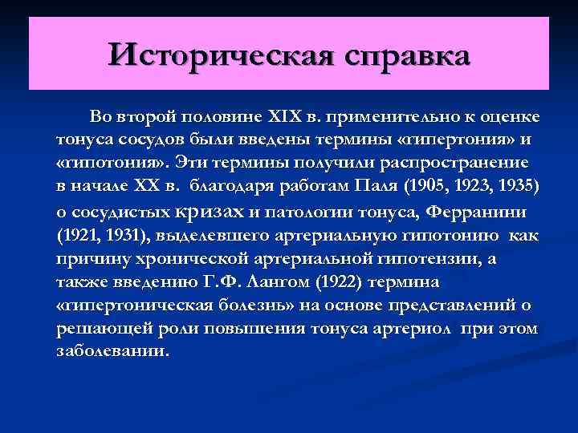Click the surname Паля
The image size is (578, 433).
[377, 187]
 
